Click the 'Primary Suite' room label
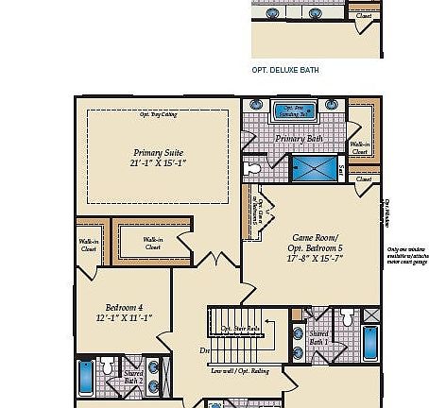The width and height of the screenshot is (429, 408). pos(158,151)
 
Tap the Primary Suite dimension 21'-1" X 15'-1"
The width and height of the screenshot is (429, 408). pos(158,163)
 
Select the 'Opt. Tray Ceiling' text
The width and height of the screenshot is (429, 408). pos(158,115)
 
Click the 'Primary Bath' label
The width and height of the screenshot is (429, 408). pos(299,139)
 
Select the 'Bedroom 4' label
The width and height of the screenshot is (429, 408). pos(124,308)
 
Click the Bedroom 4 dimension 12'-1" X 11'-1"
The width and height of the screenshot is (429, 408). pos(124,319)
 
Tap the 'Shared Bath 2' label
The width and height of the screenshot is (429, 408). pos(134,377)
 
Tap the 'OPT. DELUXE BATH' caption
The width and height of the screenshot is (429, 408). pos(287,70)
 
